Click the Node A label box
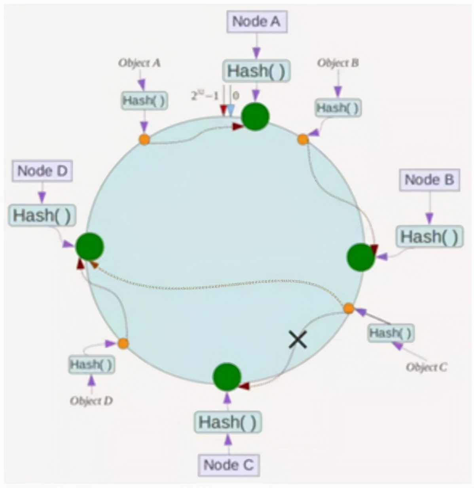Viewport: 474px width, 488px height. [x=256, y=21]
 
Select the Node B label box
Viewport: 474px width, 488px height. [x=429, y=180]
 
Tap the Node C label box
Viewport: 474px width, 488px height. [x=228, y=465]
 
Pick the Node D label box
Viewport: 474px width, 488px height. [x=42, y=171]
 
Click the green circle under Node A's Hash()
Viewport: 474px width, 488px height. [x=255, y=116]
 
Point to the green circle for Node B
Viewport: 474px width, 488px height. [x=360, y=257]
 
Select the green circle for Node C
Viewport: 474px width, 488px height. [x=227, y=376]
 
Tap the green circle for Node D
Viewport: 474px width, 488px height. [x=89, y=246]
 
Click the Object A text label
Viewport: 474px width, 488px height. [x=139, y=63]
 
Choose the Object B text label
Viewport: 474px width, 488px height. [x=338, y=63]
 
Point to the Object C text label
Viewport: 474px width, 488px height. [x=426, y=367]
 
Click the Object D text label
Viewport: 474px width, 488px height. [x=91, y=401]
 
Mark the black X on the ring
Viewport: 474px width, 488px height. [x=298, y=340]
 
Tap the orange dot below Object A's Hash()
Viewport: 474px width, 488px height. [x=144, y=139]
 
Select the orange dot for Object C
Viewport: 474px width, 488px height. [x=348, y=308]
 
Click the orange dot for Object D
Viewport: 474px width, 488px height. [x=123, y=343]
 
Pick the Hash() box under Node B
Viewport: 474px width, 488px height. [x=429, y=237]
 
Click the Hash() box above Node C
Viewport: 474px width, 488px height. [x=228, y=422]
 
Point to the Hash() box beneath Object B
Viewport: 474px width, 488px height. [x=338, y=108]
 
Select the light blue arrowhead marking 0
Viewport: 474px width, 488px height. [x=231, y=111]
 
